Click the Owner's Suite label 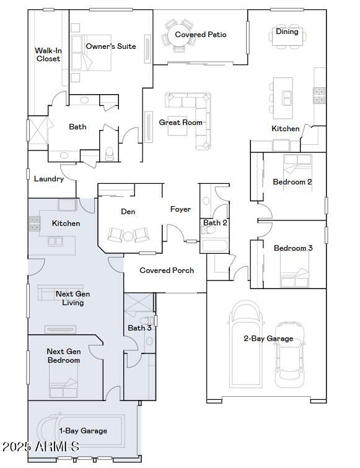pyautogui.click(x=111, y=46)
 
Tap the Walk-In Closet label pyautogui.click(x=48, y=54)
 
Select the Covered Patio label pyautogui.click(x=200, y=35)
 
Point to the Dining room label pyautogui.click(x=287, y=32)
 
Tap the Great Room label pyautogui.click(x=181, y=123)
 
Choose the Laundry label pyautogui.click(x=49, y=179)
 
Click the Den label pyautogui.click(x=128, y=212)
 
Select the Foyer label pyautogui.click(x=180, y=209)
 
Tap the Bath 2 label pyautogui.click(x=216, y=223)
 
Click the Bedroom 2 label pyautogui.click(x=292, y=182)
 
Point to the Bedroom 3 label pyautogui.click(x=293, y=248)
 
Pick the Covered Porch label pyautogui.click(x=167, y=271)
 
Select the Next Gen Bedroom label pyautogui.click(x=63, y=355)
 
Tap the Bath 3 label pyautogui.click(x=139, y=328)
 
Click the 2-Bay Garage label pyautogui.click(x=268, y=339)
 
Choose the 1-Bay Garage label pyautogui.click(x=83, y=431)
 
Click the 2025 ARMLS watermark pyautogui.click(x=40, y=446)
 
